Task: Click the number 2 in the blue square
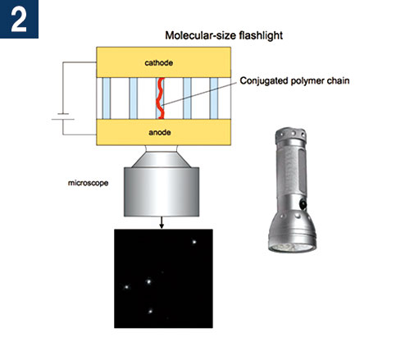pos(19,19)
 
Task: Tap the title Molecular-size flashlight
pos(224,35)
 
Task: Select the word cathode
pos(159,63)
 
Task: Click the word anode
pos(160,133)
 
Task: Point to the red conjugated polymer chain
pos(160,98)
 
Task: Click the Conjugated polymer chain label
pos(294,81)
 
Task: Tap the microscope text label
pos(88,183)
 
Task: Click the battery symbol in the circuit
pos(63,116)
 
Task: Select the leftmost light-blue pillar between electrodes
pos(107,98)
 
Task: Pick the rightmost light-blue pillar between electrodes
pos(214,98)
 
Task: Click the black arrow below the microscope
pos(162,222)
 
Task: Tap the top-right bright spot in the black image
pos(194,242)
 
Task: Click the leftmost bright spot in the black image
pos(127,287)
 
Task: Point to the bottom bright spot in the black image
pos(150,311)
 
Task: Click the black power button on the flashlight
pos(303,204)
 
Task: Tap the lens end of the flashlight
pos(292,248)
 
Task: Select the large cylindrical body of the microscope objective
pos(162,192)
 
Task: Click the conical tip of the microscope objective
pos(162,160)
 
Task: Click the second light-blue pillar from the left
pos(133,98)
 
